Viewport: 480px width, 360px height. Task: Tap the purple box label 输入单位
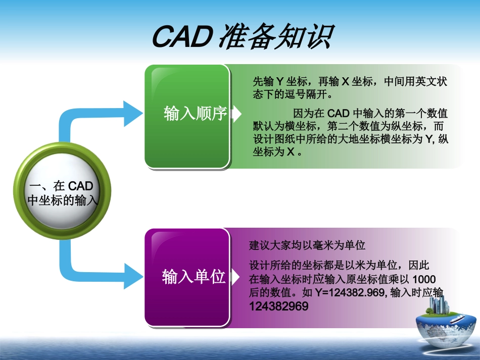[194, 277]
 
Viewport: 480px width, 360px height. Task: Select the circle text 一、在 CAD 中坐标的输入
[62, 193]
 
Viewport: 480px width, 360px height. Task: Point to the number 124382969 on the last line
[278, 306]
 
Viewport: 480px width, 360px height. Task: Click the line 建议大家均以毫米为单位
[307, 246]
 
